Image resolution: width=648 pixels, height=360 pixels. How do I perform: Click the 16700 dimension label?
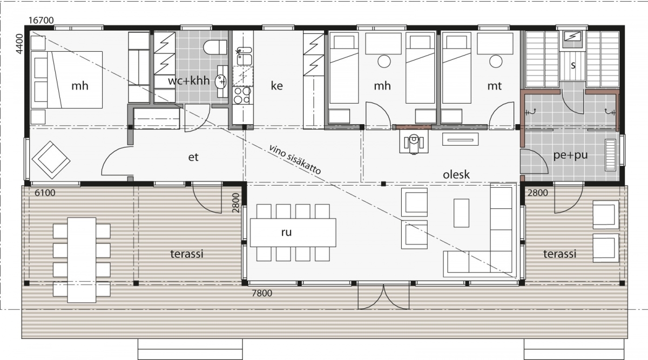(x=42, y=21)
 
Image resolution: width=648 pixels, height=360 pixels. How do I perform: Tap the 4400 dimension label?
(x=19, y=44)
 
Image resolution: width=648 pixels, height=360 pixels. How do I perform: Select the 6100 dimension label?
(x=45, y=193)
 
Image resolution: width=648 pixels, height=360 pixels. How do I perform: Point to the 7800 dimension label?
(x=262, y=293)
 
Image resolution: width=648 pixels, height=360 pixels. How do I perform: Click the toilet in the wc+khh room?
(x=215, y=47)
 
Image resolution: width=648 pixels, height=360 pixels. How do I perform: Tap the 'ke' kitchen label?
(x=276, y=86)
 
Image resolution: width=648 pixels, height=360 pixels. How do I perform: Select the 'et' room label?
(x=193, y=157)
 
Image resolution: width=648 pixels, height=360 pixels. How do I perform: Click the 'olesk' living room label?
(x=456, y=174)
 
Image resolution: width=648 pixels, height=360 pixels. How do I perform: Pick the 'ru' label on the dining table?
(x=286, y=233)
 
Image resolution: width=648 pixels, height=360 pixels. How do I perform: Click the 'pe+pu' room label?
(x=570, y=155)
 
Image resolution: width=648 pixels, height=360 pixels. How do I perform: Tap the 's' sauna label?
(x=573, y=65)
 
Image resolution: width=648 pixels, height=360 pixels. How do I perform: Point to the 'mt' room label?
(x=495, y=86)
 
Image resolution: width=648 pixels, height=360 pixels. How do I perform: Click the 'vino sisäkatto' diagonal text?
(x=295, y=159)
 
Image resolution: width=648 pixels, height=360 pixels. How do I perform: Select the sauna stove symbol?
(x=572, y=38)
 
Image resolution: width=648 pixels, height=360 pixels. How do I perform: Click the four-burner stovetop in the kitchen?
(x=242, y=96)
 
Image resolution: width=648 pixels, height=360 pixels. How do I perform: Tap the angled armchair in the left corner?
(x=51, y=160)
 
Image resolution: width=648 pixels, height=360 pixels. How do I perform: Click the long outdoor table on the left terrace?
(x=82, y=260)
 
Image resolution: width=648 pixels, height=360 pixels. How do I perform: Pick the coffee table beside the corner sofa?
(x=461, y=213)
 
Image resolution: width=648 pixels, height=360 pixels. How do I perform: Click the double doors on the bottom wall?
(x=383, y=296)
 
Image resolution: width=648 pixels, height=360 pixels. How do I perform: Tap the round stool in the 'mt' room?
(x=496, y=62)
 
